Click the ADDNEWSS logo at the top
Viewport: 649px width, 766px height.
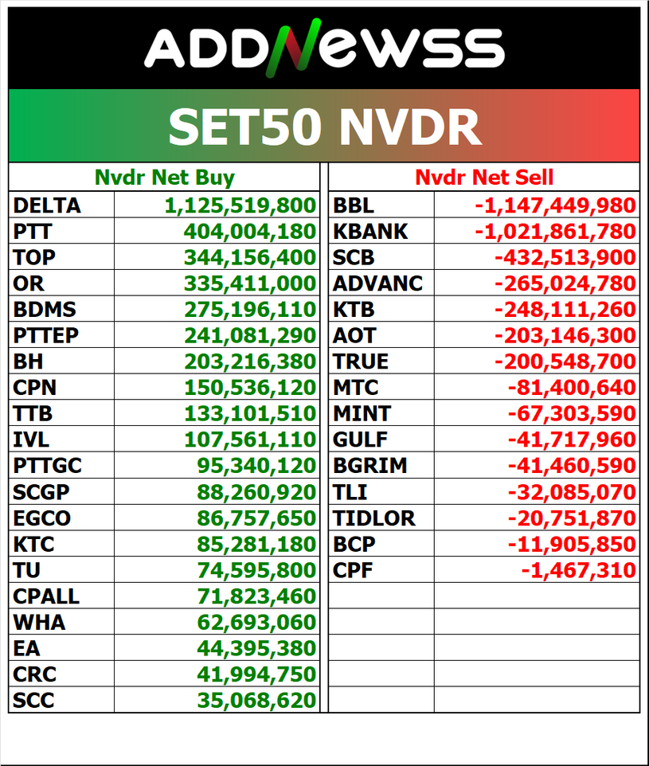324,47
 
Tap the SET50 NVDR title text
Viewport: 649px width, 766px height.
324,127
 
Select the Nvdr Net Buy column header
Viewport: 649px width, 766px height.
164,177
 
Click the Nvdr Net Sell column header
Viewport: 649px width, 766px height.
484,177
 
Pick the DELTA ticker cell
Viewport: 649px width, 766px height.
47,205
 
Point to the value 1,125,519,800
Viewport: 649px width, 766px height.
240,205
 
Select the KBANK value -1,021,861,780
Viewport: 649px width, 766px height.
555,232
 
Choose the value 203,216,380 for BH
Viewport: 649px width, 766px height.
250,362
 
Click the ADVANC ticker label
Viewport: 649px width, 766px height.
378,283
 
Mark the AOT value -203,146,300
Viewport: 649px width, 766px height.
565,335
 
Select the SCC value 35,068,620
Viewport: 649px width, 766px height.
256,700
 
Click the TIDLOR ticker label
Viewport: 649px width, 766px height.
374,518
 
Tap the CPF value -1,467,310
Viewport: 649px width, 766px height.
578,570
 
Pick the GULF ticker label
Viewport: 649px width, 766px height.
362,440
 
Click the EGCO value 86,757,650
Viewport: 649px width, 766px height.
256,518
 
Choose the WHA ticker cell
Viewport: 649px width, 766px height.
39,622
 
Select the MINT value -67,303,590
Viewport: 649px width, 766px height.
571,413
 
